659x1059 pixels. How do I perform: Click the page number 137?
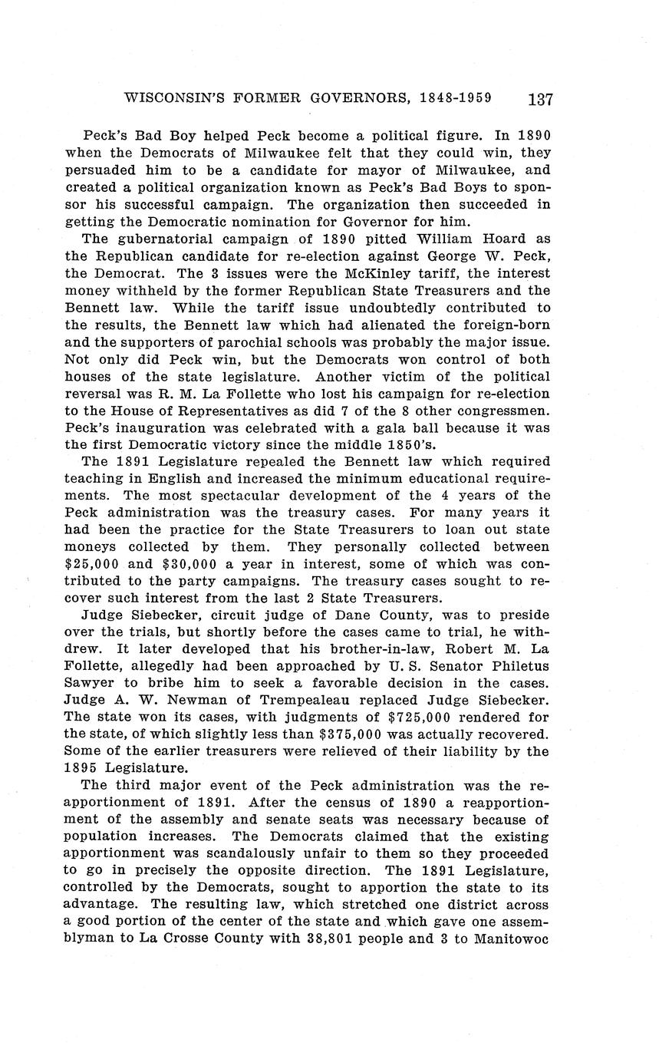coord(540,99)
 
